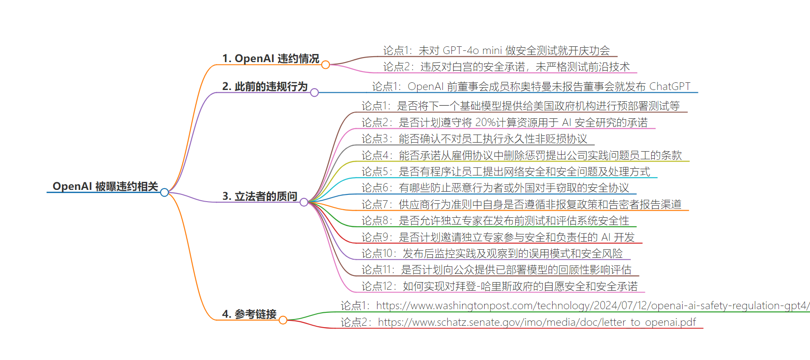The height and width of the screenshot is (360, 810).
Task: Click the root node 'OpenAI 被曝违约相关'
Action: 105,186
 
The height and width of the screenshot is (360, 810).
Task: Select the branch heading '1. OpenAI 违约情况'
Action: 270,58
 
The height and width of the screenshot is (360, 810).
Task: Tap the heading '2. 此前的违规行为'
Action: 265,86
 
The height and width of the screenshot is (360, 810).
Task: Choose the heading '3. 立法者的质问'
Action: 260,196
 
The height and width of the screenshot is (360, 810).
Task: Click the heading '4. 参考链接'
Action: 249,314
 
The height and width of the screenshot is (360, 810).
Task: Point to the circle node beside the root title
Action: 165,193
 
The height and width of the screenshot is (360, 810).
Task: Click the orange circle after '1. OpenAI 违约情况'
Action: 326,65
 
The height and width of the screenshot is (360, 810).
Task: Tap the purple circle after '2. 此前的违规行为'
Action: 315,93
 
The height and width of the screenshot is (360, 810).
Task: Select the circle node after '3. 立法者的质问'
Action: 304,202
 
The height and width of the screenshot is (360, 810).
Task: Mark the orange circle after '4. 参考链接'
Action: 283,320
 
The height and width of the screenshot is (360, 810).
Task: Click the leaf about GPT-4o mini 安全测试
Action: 496,50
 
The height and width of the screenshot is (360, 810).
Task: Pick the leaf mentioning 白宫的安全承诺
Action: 506,67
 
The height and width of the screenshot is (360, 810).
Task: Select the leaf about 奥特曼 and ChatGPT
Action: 531,86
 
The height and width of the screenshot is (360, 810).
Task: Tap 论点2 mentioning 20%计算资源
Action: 504,122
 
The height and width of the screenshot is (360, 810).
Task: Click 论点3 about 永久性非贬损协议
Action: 474,139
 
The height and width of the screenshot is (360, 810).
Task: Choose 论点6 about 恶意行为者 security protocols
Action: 495,188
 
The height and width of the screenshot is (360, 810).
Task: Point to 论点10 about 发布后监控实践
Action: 492,253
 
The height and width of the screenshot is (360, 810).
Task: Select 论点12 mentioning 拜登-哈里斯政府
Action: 499,286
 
